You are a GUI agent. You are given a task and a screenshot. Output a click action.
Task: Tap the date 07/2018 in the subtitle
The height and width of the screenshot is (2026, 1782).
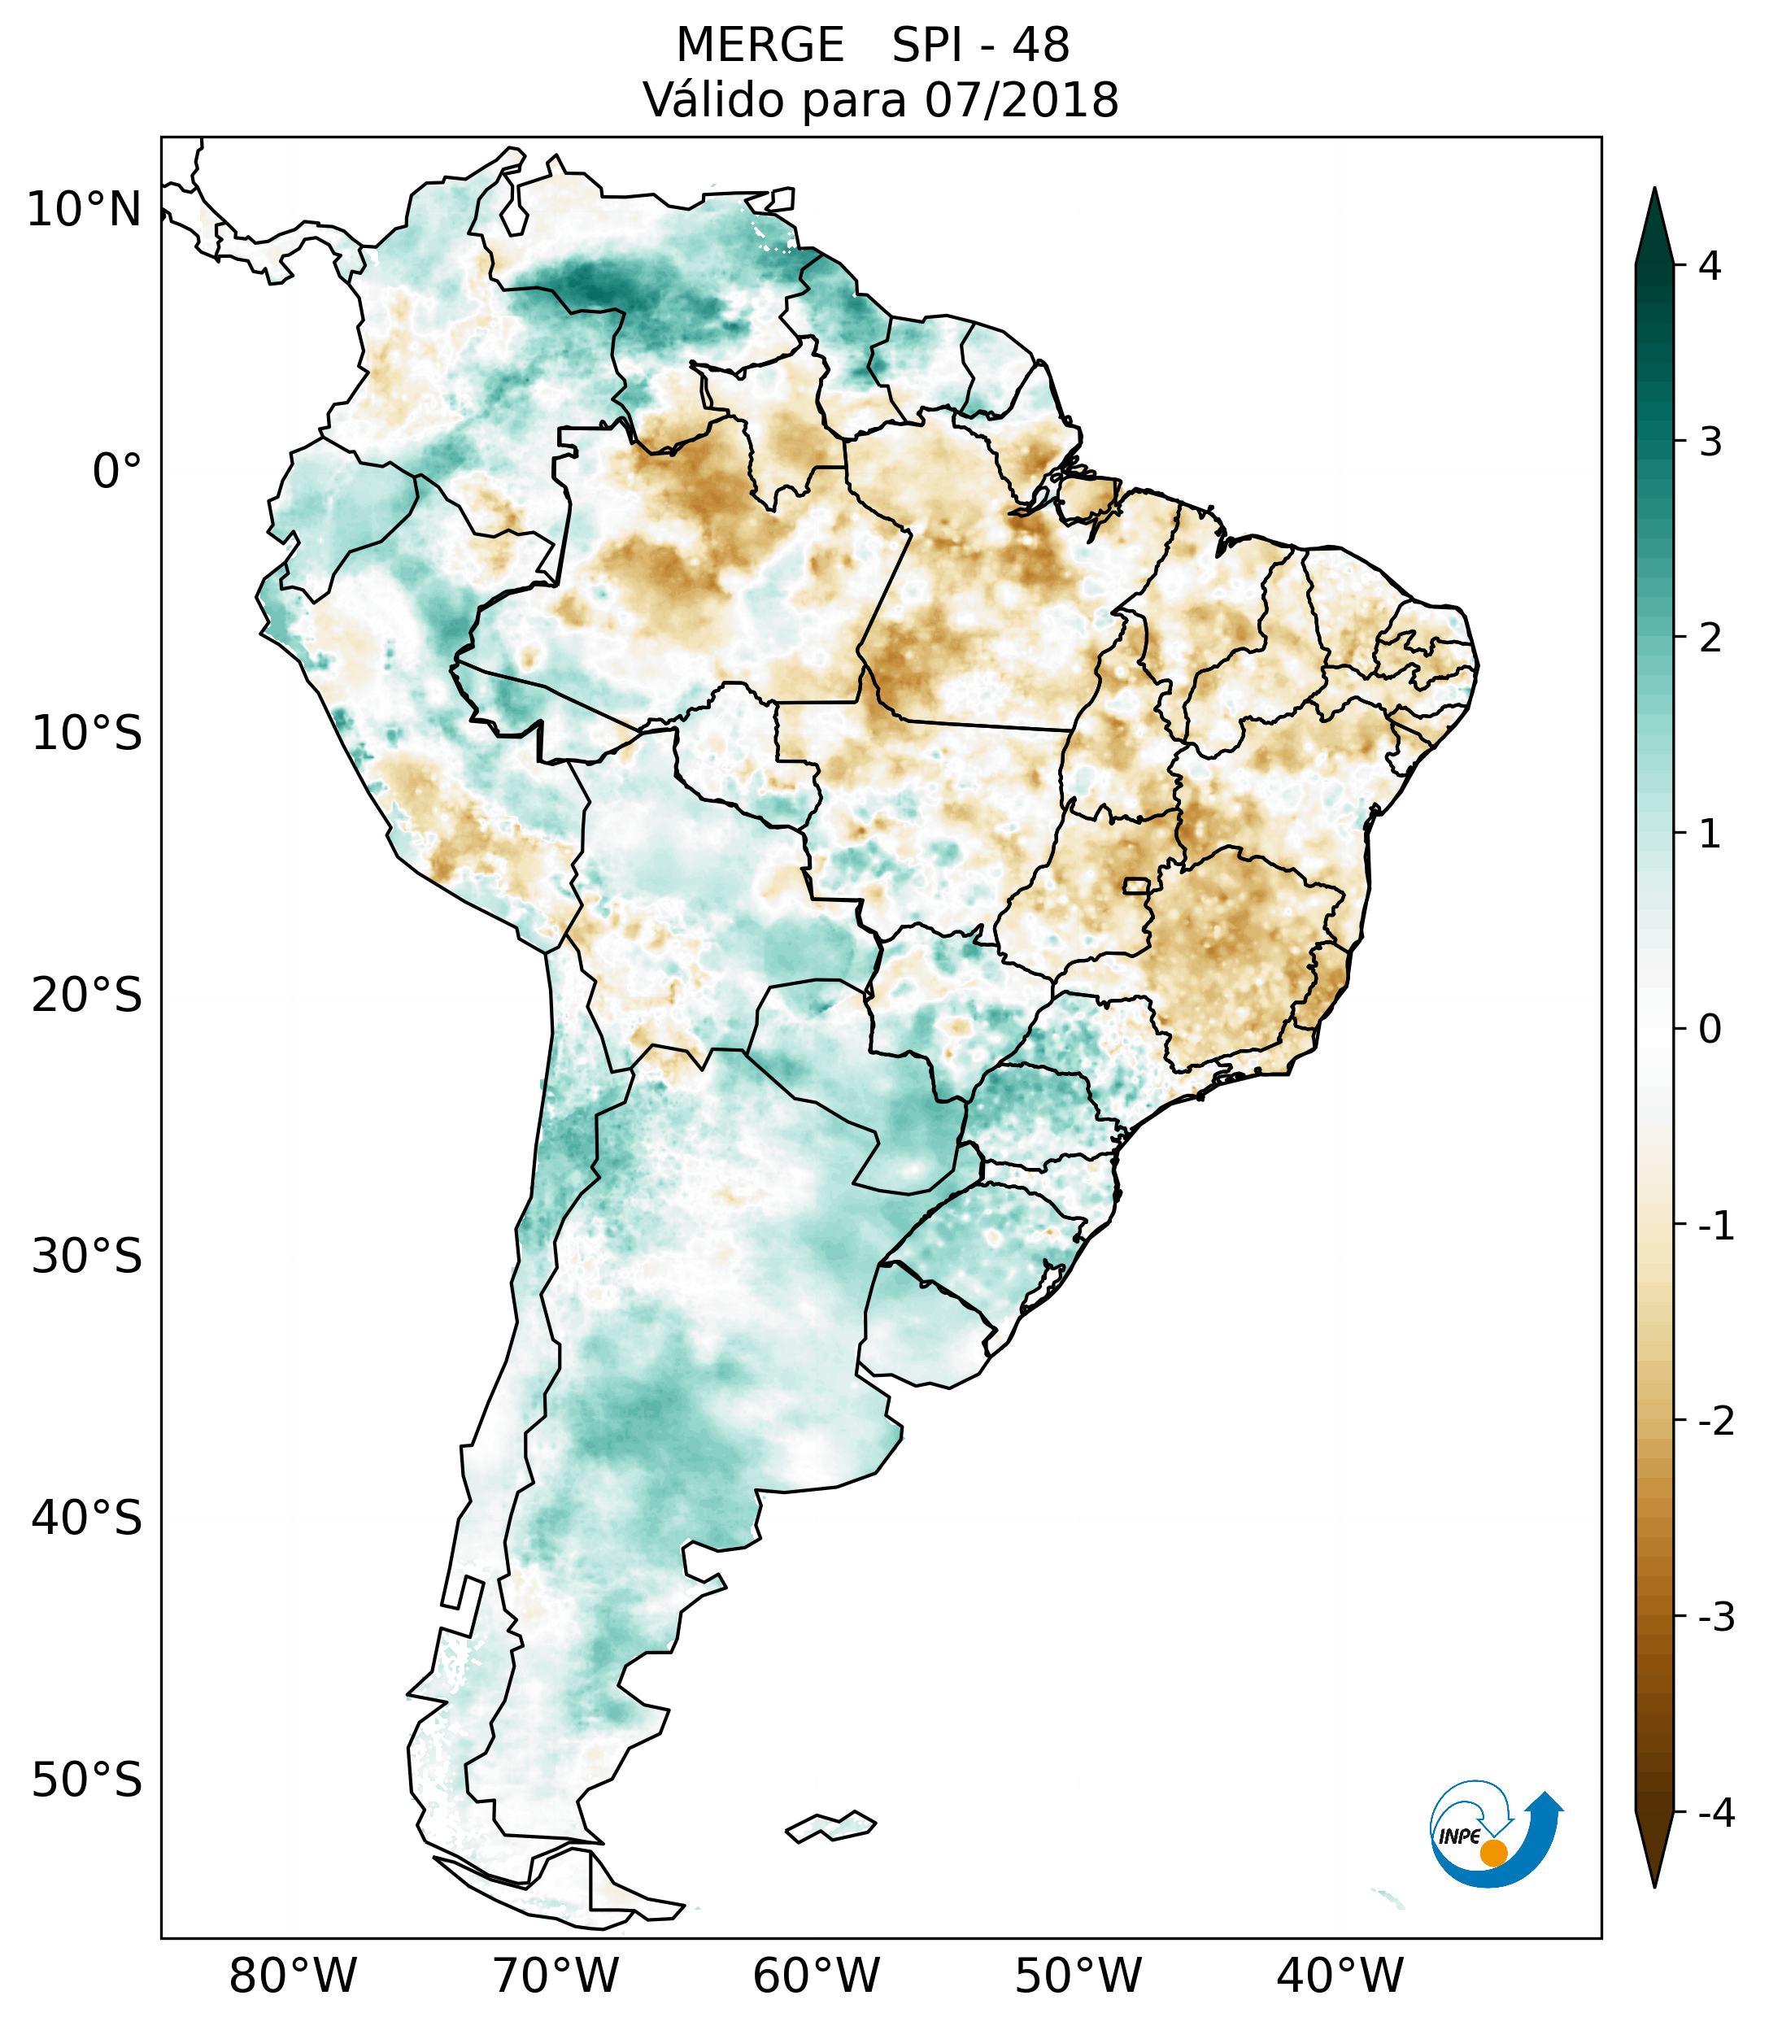(1021, 100)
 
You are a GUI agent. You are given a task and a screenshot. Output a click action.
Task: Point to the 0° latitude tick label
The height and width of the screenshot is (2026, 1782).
(117, 472)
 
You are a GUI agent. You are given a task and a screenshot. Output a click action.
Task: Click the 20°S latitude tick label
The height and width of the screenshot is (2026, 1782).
(87, 996)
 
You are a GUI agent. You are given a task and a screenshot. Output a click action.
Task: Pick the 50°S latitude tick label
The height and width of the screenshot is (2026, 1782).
(87, 1781)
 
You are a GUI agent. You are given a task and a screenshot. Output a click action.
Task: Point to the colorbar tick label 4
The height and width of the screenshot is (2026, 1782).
(1710, 266)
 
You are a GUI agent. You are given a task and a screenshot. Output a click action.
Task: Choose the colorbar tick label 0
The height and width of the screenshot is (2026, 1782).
(1710, 1030)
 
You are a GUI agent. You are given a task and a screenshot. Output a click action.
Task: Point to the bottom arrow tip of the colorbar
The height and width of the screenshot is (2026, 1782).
(1654, 1885)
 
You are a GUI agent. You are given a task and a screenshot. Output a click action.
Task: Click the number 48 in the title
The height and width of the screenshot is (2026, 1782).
(1041, 46)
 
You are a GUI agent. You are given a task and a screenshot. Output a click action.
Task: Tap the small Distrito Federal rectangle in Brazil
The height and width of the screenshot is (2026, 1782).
(1138, 884)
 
